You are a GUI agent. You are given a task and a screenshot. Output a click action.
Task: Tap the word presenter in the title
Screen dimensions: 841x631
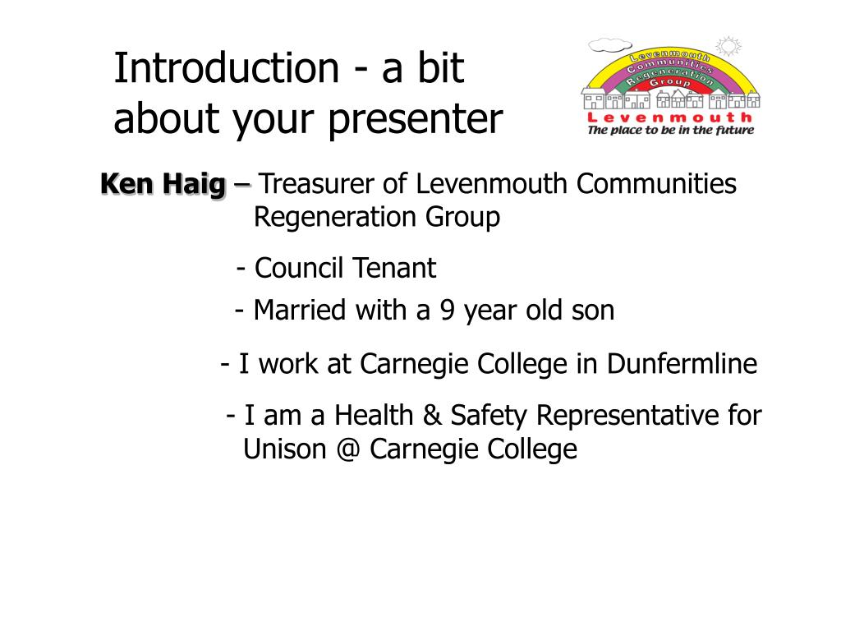(416, 120)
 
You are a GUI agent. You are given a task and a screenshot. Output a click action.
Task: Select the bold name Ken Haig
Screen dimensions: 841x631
(163, 183)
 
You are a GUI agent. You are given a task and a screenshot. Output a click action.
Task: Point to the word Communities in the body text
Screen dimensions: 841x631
(656, 183)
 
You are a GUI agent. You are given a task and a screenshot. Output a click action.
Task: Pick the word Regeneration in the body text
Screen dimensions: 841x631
(335, 217)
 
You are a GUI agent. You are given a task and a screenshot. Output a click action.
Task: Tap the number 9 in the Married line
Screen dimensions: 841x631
(448, 310)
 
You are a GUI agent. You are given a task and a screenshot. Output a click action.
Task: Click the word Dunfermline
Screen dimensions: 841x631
(682, 363)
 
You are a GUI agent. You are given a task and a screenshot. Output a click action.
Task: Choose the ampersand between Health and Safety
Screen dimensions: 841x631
(432, 415)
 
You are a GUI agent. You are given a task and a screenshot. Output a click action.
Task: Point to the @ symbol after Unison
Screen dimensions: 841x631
(348, 449)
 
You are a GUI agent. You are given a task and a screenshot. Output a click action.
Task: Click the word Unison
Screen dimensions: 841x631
(285, 449)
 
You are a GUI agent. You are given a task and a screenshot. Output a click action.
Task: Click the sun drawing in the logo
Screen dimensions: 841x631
(728, 46)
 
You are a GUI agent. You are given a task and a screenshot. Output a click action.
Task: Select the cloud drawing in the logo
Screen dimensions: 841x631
(610, 46)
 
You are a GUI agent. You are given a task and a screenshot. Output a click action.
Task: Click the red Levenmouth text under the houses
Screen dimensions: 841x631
(670, 117)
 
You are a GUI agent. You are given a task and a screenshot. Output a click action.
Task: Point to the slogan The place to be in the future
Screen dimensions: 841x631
(670, 130)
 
